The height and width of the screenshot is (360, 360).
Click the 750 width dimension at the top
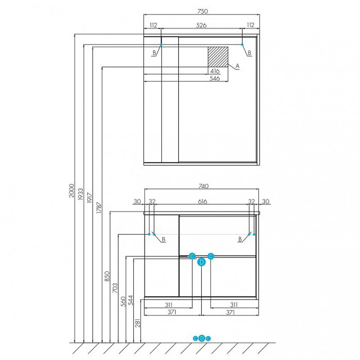(202, 11)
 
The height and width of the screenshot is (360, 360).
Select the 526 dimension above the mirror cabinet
(201, 25)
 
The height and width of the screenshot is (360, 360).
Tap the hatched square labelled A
(218, 57)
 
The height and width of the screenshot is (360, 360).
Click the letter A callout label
(238, 66)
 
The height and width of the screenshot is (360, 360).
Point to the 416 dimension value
(215, 71)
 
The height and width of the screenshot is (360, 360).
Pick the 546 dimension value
(215, 78)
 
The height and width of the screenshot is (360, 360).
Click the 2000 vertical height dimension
(72, 190)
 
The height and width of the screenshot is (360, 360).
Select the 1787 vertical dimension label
(99, 208)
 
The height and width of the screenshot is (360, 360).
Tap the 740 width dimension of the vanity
(203, 186)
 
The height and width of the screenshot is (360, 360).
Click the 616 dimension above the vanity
(202, 201)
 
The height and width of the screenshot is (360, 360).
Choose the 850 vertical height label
(107, 276)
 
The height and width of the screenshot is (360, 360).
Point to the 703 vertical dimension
(115, 288)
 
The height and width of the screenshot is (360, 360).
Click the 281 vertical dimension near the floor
(138, 323)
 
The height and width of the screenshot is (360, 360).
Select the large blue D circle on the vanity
(201, 262)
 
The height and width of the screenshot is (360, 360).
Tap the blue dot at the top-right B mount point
(242, 45)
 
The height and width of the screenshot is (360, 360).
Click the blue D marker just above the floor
(202, 338)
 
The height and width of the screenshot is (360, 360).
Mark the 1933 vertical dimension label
(81, 194)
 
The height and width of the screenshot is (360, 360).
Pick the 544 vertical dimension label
(130, 300)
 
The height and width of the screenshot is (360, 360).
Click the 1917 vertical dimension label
(90, 198)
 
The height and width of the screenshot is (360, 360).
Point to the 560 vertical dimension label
(123, 301)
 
